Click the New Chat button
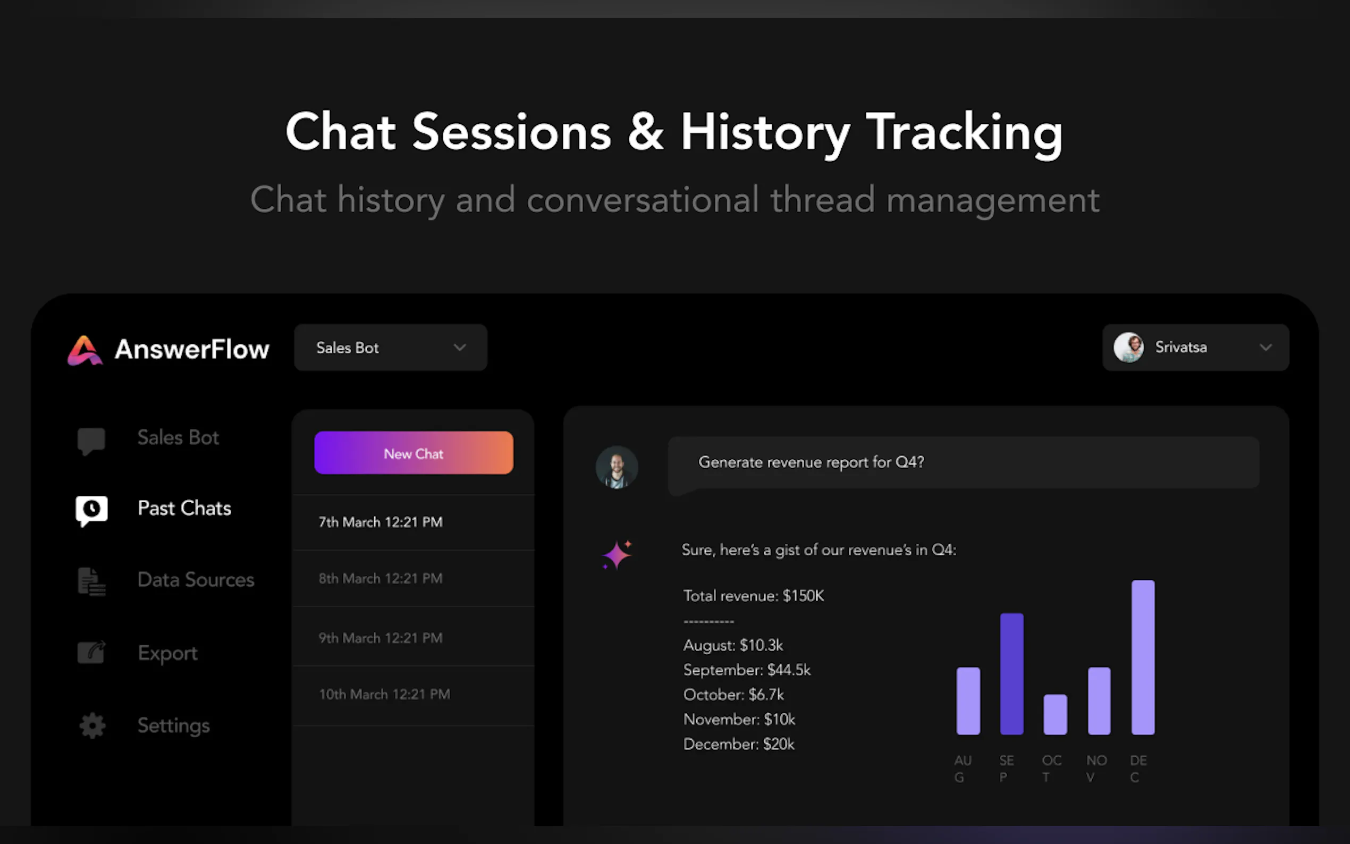414,453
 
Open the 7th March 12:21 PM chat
381,522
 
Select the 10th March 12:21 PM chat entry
384,694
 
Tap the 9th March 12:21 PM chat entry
381,637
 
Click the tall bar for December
1143,657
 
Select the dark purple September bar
1012,674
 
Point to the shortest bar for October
1056,714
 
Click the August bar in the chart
968,700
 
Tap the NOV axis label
1096,769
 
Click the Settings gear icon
92,725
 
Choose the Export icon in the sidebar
91,652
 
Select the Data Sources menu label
196,579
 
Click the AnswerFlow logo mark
85,350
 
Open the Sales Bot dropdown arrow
459,348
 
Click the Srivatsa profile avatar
1128,347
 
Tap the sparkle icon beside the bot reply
617,555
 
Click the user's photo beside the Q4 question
617,467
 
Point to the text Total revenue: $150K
754,596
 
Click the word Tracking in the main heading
964,133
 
